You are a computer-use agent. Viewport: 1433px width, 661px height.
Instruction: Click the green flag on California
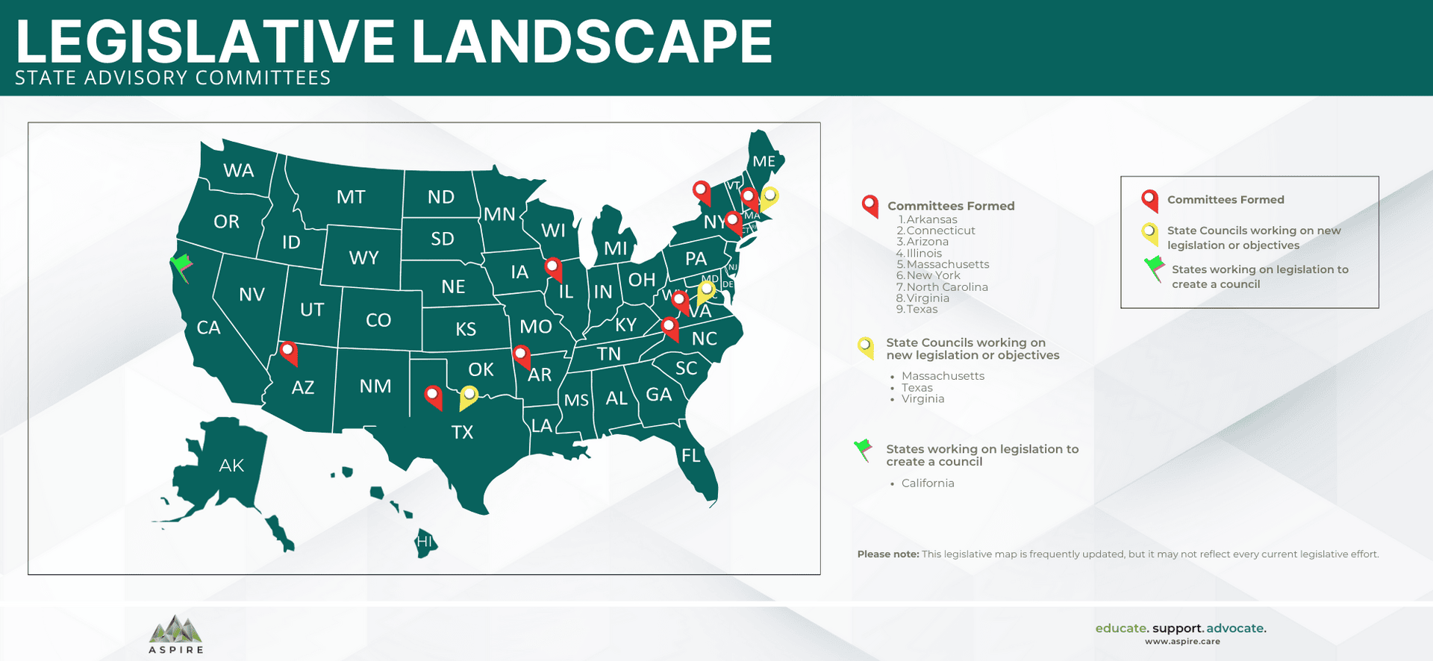181,266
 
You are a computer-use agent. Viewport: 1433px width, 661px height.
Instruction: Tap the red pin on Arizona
288,351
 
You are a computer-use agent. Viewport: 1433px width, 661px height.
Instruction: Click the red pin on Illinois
552,267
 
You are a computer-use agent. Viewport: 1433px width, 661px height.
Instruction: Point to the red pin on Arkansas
521,355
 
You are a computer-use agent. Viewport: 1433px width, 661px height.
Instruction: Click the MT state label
351,197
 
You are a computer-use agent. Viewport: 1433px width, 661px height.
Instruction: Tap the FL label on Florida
691,455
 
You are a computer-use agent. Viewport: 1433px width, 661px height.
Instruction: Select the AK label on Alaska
231,466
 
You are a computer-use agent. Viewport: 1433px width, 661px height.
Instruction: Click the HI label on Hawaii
424,542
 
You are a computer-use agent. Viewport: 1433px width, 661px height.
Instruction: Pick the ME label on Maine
764,161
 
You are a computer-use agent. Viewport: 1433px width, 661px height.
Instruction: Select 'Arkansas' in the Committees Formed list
931,219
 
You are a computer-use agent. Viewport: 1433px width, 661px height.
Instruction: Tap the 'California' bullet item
928,483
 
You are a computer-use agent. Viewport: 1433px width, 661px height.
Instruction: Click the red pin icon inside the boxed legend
1149,199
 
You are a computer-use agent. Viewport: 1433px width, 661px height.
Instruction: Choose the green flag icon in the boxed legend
1155,266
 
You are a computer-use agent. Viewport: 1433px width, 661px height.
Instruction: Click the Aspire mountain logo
175,630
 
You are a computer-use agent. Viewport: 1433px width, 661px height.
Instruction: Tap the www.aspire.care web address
1182,642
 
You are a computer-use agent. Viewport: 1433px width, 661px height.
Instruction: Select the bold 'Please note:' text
888,554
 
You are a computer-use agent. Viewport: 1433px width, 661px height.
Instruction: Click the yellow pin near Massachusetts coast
769,197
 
